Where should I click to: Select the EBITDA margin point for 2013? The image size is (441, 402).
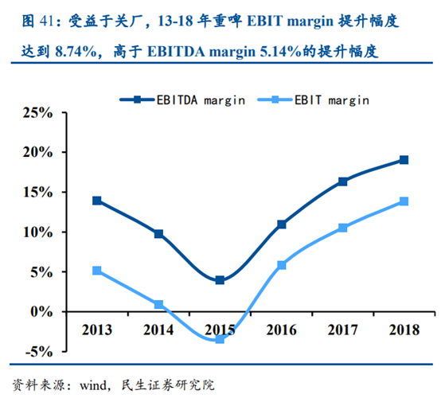coord(96,201)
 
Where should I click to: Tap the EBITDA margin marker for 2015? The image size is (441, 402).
coord(220,280)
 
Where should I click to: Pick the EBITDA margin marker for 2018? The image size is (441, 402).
coord(404,160)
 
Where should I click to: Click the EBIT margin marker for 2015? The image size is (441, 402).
coord(220,339)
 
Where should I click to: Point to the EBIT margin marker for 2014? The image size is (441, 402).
coord(158,305)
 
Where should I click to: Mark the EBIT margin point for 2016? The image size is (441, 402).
coord(281,265)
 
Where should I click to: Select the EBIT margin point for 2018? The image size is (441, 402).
coord(404,201)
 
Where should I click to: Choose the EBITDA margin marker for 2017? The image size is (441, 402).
coord(343,181)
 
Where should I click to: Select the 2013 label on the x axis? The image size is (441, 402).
coord(96,328)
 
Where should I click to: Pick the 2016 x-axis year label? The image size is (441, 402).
coord(281,328)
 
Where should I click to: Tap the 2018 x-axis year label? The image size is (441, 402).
coord(404,328)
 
